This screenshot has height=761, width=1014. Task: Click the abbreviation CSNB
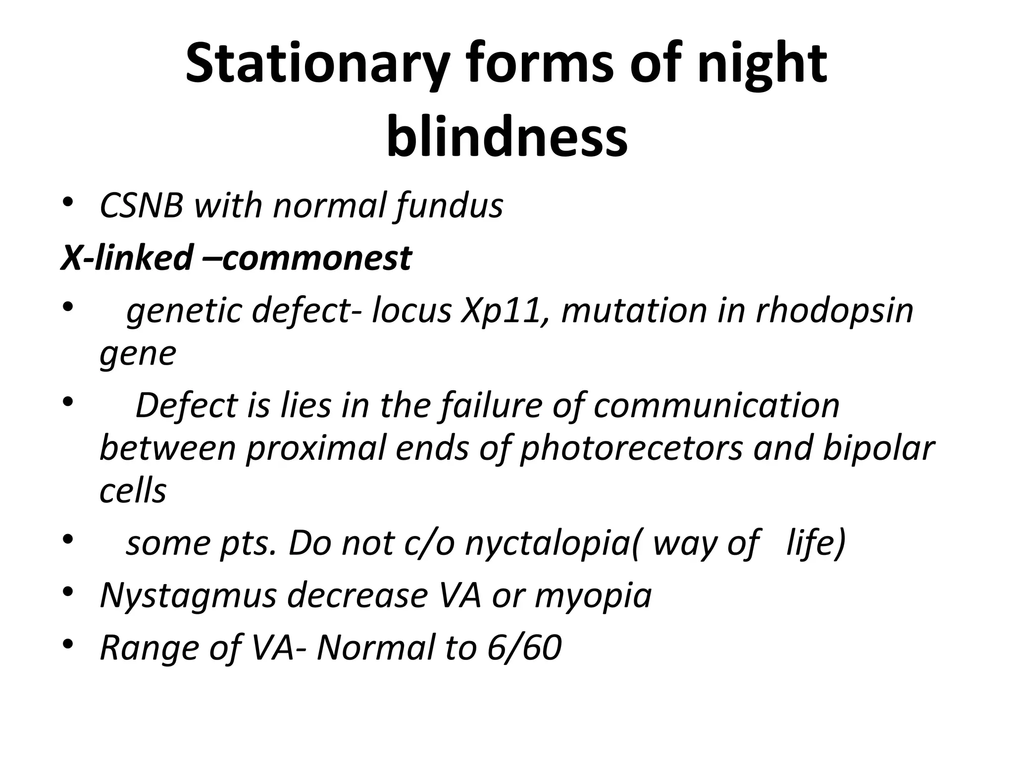click(142, 206)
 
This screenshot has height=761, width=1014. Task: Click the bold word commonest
click(317, 258)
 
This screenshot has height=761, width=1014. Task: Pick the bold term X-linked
click(126, 258)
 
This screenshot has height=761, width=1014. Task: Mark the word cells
click(133, 491)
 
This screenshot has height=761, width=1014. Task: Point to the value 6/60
click(524, 648)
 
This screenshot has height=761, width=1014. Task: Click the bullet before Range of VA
click(68, 644)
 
